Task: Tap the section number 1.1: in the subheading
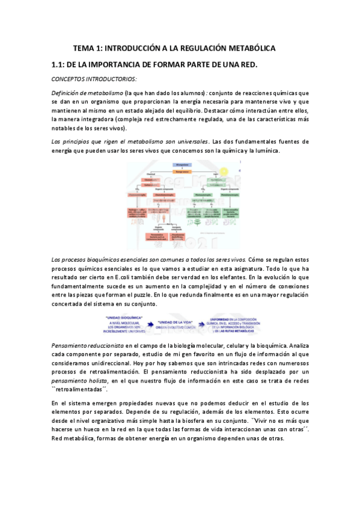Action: (x=60, y=65)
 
